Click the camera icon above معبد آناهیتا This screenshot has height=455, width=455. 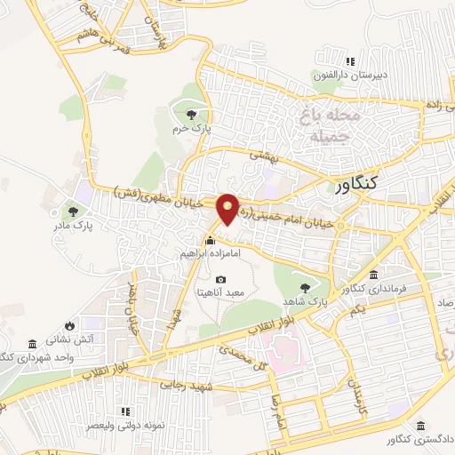point(221,279)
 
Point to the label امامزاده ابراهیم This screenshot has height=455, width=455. point(211,254)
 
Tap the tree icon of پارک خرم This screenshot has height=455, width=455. point(192,114)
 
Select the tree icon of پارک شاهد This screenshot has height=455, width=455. point(306,287)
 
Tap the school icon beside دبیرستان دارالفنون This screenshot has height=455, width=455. point(351,62)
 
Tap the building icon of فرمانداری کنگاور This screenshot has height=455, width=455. point(375,275)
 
